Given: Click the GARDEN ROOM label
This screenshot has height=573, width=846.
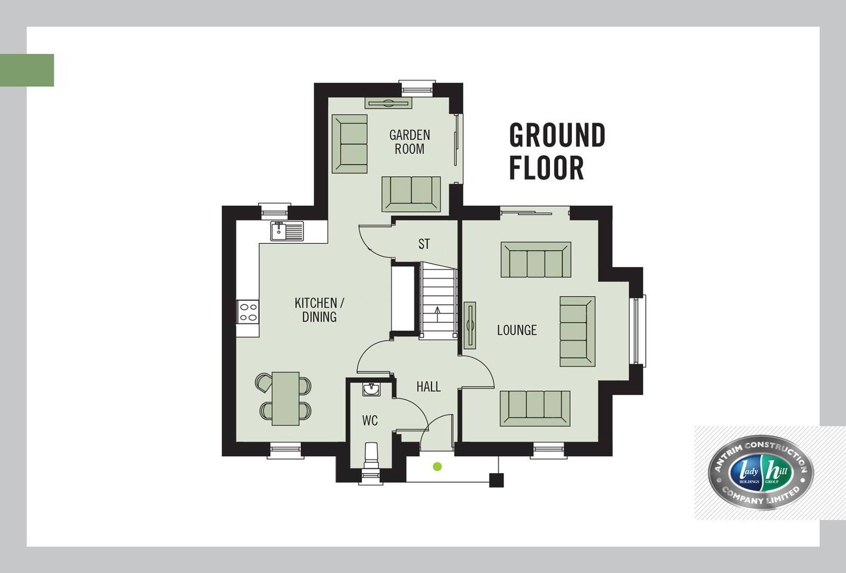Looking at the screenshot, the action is pyautogui.click(x=409, y=142).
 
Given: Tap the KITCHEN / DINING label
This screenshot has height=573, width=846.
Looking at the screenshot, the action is pyautogui.click(x=320, y=310).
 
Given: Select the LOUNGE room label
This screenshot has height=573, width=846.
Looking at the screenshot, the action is pyautogui.click(x=516, y=330).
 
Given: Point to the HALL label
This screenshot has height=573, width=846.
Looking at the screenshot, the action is pyautogui.click(x=428, y=387).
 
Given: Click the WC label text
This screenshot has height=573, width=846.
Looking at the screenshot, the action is pyautogui.click(x=370, y=421).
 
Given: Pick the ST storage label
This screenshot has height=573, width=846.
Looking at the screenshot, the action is pyautogui.click(x=424, y=244).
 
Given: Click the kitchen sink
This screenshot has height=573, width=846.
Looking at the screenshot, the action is pyautogui.click(x=287, y=231).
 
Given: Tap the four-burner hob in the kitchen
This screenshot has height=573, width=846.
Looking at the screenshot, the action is pyautogui.click(x=248, y=312).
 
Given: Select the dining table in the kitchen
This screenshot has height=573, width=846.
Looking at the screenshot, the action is pyautogui.click(x=286, y=398).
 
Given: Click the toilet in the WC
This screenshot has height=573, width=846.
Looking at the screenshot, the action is pyautogui.click(x=372, y=456).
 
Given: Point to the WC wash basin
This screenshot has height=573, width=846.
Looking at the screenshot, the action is pyautogui.click(x=372, y=389).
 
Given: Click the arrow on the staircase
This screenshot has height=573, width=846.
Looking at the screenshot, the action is pyautogui.click(x=437, y=314).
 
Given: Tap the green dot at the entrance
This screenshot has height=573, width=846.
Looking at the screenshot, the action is pyautogui.click(x=437, y=466).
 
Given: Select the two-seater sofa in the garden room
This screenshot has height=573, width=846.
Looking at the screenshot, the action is pyautogui.click(x=411, y=194).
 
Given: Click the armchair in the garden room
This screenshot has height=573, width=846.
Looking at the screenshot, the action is pyautogui.click(x=350, y=144).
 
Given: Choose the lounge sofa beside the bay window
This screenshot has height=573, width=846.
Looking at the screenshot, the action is pyautogui.click(x=577, y=332).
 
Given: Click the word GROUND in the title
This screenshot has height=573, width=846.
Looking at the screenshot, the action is pyautogui.click(x=557, y=135).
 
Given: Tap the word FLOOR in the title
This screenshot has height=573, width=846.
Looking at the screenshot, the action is pyautogui.click(x=547, y=168).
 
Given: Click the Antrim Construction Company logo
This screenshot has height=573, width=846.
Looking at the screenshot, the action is pyautogui.click(x=761, y=473).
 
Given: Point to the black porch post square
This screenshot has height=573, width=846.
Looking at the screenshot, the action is pyautogui.click(x=496, y=480).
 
